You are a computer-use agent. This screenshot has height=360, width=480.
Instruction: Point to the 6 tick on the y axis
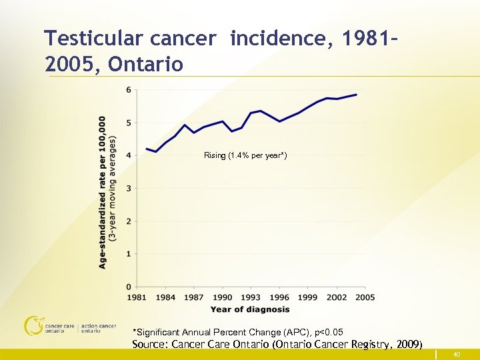pyautogui.click(x=128, y=90)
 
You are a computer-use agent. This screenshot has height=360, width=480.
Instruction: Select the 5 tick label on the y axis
pyautogui.click(x=128, y=123)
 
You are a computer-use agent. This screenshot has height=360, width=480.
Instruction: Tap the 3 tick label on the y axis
pyautogui.click(x=128, y=189)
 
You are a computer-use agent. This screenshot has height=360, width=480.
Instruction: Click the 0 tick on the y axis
pyautogui.click(x=128, y=287)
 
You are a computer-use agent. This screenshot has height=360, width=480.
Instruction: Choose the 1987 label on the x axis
pyautogui.click(x=193, y=297)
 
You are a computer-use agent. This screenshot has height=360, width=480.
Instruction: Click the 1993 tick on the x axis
pyautogui.click(x=251, y=297)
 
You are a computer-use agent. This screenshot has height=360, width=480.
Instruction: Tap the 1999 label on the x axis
pyautogui.click(x=307, y=297)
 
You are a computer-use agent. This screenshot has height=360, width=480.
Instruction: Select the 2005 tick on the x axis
pyautogui.click(x=365, y=297)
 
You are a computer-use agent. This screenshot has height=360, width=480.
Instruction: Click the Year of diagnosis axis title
pyautogui.click(x=250, y=309)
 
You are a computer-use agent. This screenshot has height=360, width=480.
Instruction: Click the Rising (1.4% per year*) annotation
pyautogui.click(x=245, y=155)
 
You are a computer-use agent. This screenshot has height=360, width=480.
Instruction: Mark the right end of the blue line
pyautogui.click(x=357, y=95)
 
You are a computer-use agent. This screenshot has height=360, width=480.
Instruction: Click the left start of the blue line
pyautogui.click(x=146, y=149)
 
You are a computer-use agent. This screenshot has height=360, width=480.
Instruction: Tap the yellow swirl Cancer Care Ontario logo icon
pyautogui.click(x=33, y=325)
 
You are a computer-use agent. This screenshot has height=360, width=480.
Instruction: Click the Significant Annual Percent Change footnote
pyautogui.click(x=238, y=332)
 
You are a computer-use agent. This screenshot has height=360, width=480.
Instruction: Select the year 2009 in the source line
pyautogui.click(x=406, y=345)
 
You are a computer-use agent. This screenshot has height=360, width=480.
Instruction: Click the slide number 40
pyautogui.click(x=457, y=354)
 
